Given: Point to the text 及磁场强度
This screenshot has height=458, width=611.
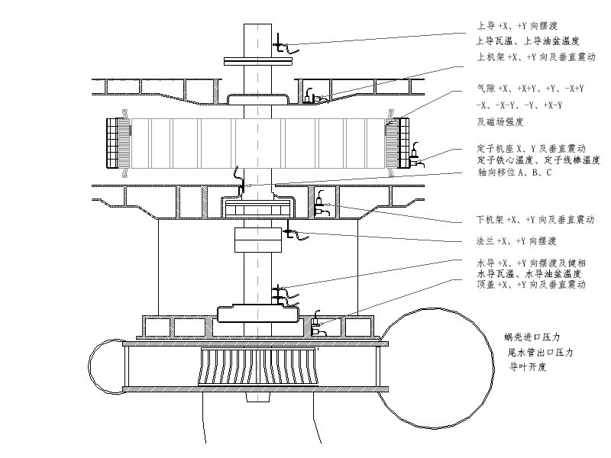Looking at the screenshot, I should coord(499,121).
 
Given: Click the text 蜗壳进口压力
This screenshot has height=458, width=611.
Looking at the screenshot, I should coord(532,337).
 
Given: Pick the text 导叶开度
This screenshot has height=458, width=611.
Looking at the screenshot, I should coord(528,366).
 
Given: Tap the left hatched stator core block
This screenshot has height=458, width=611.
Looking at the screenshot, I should coord(117,144).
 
